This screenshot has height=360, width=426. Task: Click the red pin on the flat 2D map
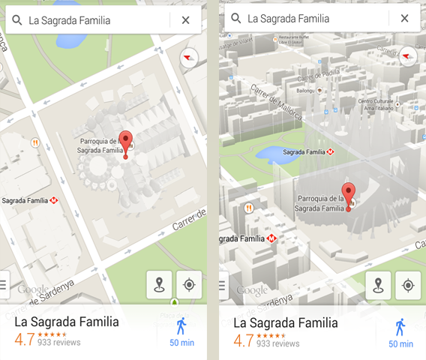click(126, 141)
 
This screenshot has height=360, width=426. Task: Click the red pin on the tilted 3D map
click(348, 192)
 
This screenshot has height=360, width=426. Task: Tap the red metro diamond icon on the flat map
click(53, 201)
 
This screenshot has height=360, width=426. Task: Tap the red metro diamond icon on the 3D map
click(271, 239)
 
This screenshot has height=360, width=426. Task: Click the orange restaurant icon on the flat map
click(34, 142)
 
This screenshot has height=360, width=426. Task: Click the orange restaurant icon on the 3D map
click(249, 207)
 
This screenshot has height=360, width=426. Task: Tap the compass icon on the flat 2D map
click(188, 57)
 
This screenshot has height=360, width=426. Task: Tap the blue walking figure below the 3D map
click(400, 327)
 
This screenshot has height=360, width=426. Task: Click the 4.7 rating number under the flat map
click(24, 339)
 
